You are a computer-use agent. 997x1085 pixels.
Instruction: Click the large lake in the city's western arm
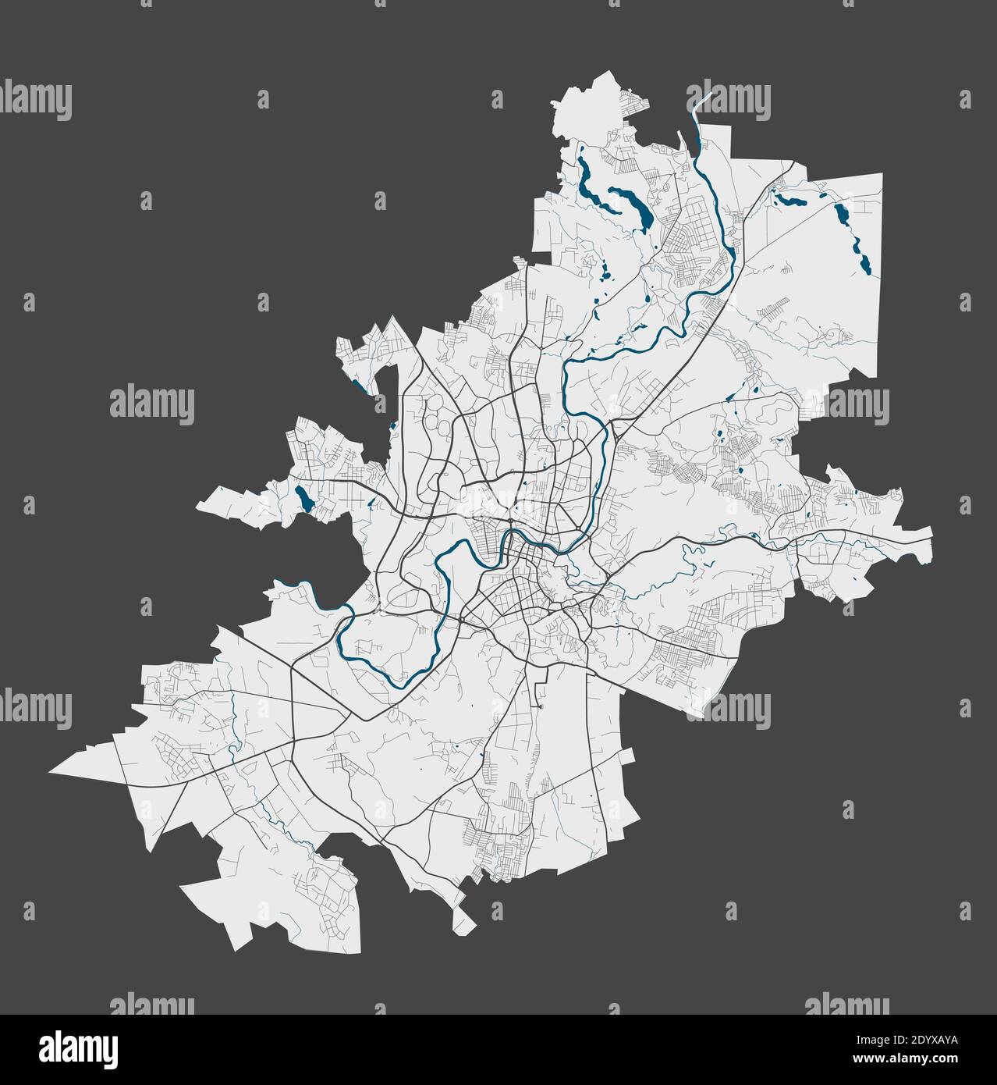(303, 498)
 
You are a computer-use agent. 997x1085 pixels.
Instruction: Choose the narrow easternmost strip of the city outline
(921, 542)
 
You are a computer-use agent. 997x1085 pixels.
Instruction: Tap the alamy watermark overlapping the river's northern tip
(727, 101)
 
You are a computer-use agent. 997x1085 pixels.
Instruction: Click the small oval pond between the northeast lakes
(821, 186)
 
